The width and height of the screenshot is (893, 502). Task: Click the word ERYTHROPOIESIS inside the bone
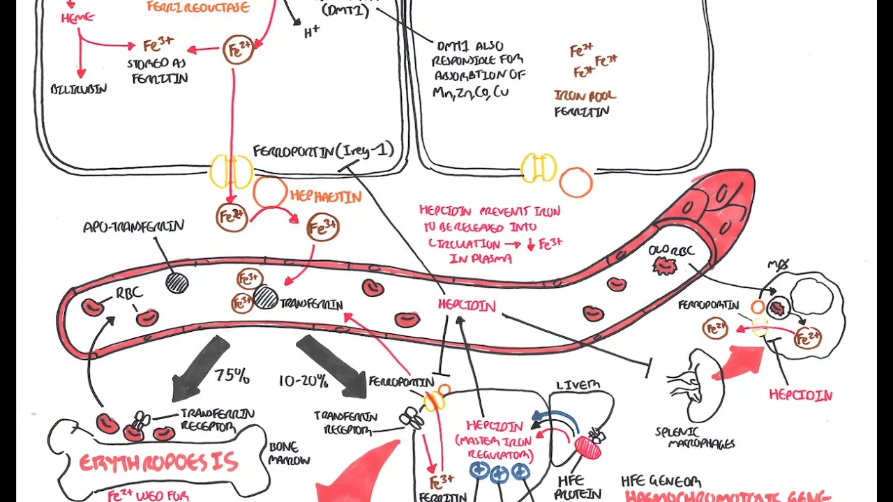[158, 463]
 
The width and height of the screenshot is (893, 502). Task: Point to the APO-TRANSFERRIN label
[133, 227]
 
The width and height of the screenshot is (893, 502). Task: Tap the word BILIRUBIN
[79, 89]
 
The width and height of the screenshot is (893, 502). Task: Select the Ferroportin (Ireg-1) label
[323, 150]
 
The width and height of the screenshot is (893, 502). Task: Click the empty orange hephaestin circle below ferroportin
[270, 192]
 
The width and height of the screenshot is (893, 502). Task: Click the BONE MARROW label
[289, 454]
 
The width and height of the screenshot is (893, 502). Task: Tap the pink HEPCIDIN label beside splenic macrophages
[800, 395]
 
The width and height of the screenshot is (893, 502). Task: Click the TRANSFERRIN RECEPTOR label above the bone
[207, 418]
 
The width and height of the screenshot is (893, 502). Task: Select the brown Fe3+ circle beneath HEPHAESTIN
[322, 228]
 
